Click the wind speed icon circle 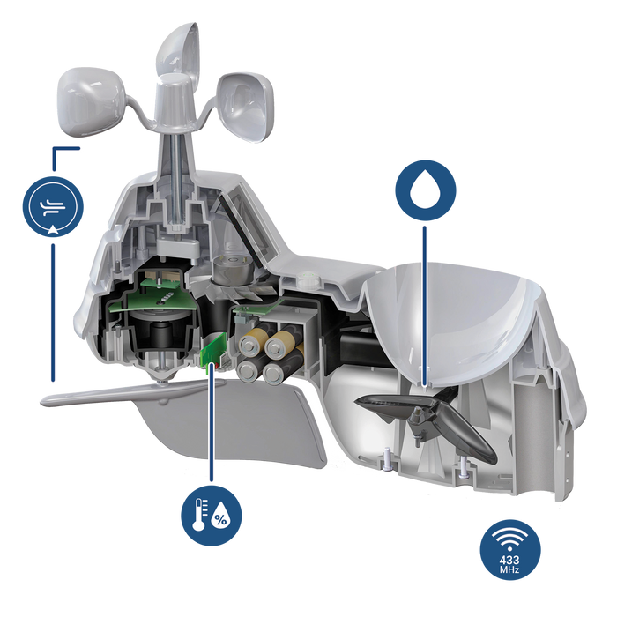pos(53,206)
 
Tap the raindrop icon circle pos(426,190)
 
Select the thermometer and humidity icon pos(212,516)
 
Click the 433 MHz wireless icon pos(510,550)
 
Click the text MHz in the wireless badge pos(509,569)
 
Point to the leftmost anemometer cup pos(91,102)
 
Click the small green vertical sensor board pos(212,348)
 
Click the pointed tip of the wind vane pos(41,403)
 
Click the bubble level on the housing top pos(307,280)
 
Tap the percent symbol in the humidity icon pos(221,520)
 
